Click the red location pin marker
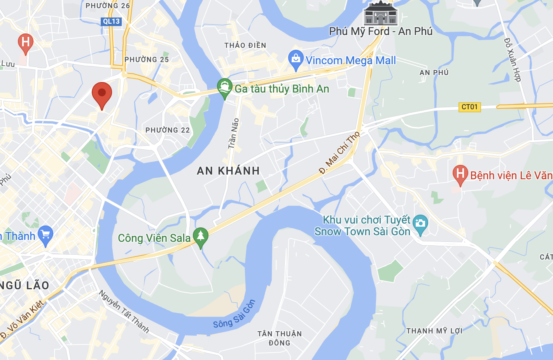pyautogui.click(x=102, y=93)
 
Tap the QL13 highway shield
pyautogui.click(x=112, y=21)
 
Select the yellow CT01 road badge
pyautogui.click(x=469, y=107)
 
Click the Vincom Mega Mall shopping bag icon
pyautogui.click(x=296, y=59)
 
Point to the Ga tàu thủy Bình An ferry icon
pyautogui.click(x=225, y=87)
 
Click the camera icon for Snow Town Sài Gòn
pyautogui.click(x=420, y=224)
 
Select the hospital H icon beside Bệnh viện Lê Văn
pyautogui.click(x=460, y=174)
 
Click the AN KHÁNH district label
pyautogui.click(x=228, y=171)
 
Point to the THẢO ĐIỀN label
pyautogui.click(x=245, y=45)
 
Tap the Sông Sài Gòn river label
pyautogui.click(x=234, y=314)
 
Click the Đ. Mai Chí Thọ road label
pyautogui.click(x=339, y=152)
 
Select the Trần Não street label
pyautogui.click(x=233, y=133)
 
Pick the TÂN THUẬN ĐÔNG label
pyautogui.click(x=280, y=338)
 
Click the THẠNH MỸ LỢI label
pyautogui.click(x=434, y=331)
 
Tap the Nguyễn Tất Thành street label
pyautogui.click(x=124, y=311)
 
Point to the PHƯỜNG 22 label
pyautogui.click(x=168, y=130)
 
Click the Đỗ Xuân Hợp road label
pyautogui.click(x=512, y=59)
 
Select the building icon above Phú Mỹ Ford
pyautogui.click(x=380, y=14)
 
